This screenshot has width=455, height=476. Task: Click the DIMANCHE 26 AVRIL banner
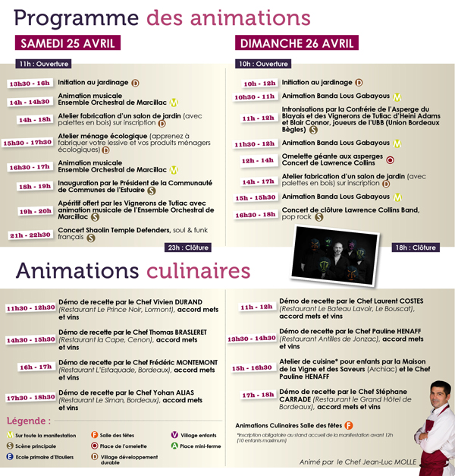[296, 43]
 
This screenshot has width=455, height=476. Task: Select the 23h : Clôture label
[188, 247]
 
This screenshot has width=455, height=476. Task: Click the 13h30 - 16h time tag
[30, 84]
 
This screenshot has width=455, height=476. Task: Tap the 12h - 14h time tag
[258, 161]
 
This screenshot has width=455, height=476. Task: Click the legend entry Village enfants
[199, 435]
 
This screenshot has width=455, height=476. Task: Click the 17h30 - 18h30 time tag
[30, 397]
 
